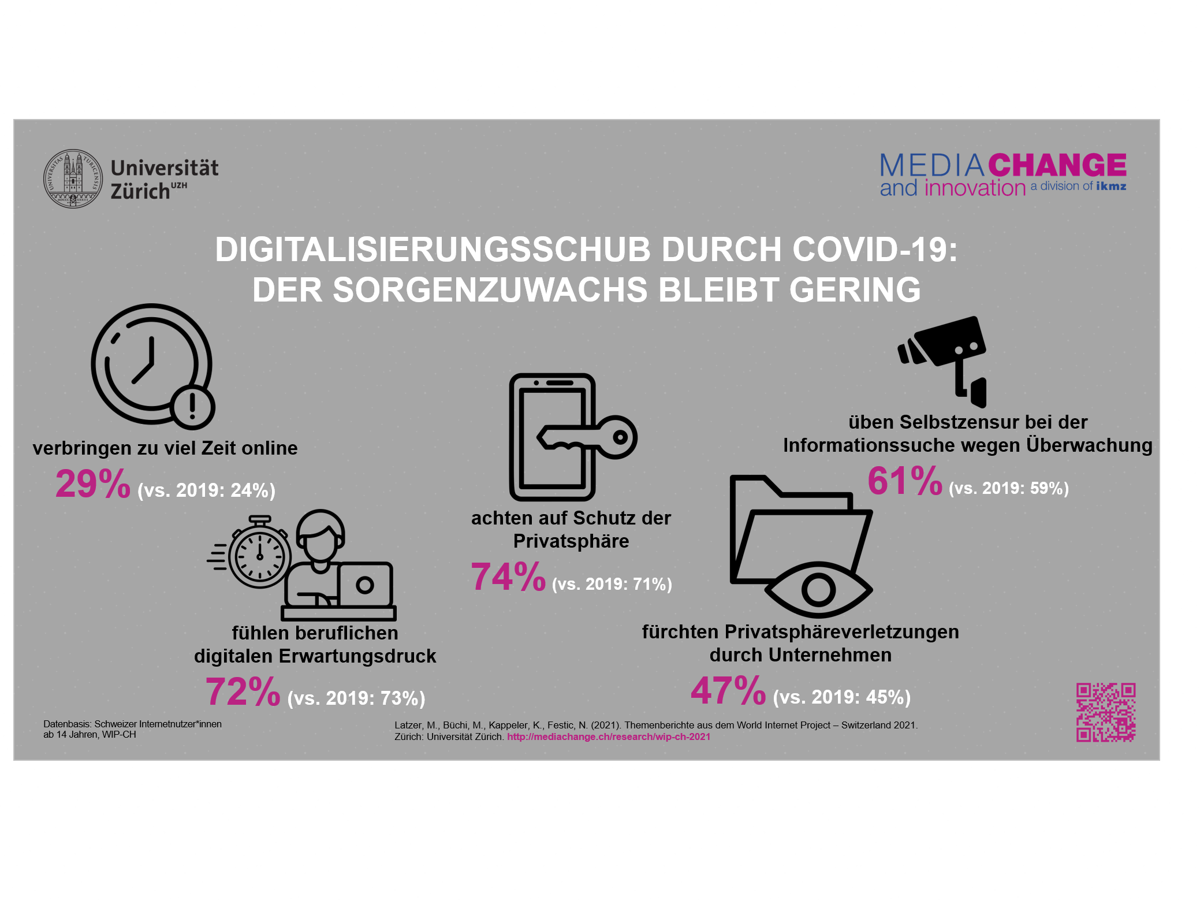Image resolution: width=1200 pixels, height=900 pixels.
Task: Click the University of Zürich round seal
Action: pyautogui.click(x=73, y=178)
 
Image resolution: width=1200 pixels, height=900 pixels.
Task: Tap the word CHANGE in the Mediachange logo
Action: pyautogui.click(x=1057, y=165)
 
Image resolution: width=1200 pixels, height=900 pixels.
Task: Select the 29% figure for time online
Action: pyautogui.click(x=93, y=484)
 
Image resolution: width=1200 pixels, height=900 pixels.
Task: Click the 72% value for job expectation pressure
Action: pyautogui.click(x=243, y=691)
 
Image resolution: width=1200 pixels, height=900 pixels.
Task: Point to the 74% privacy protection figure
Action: pyautogui.click(x=508, y=577)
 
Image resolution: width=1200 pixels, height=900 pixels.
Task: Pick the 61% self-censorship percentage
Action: pyautogui.click(x=905, y=481)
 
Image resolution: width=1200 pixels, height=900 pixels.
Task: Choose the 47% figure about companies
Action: pyautogui.click(x=728, y=690)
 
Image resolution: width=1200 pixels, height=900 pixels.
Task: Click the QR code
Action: pyautogui.click(x=1106, y=712)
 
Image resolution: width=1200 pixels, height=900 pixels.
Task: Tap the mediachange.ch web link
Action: pyautogui.click(x=609, y=737)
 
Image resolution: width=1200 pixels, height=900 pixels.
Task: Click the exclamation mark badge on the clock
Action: pyautogui.click(x=193, y=406)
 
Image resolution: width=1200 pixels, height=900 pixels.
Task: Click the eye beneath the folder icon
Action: pyautogui.click(x=818, y=590)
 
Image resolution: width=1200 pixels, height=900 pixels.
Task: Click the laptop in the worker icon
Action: pyautogui.click(x=364, y=585)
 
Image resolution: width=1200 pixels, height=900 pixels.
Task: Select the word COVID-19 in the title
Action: pyautogui.click(x=874, y=250)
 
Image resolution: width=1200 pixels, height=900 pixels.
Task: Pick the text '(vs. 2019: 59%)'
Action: pyautogui.click(x=1008, y=489)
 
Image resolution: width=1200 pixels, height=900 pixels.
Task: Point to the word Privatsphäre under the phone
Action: pyautogui.click(x=571, y=541)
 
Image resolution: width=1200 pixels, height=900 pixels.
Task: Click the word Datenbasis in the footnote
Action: pyautogui.click(x=67, y=724)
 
